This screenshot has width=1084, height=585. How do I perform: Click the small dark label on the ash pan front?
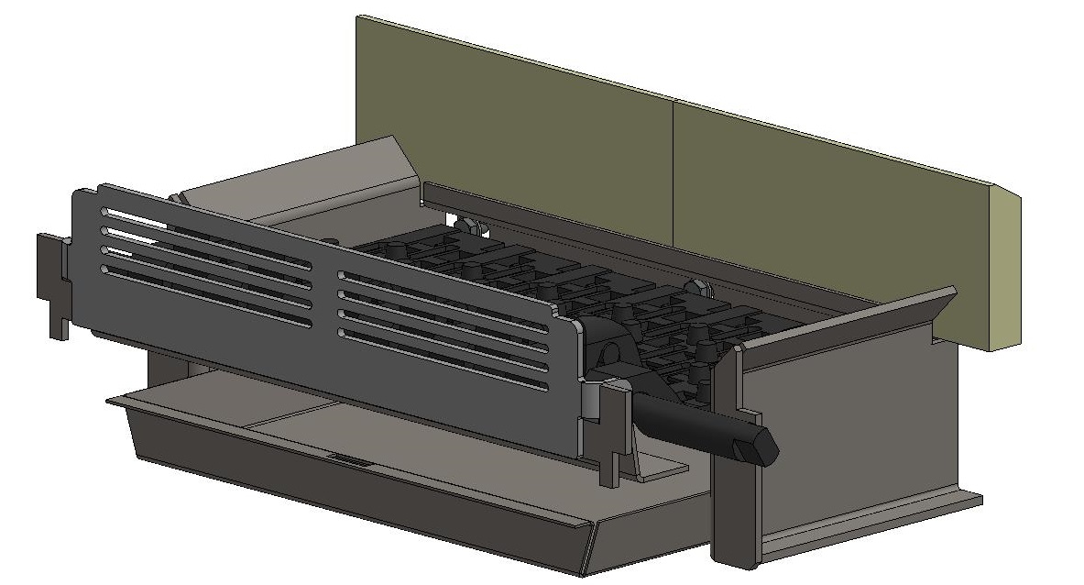[x=349, y=462]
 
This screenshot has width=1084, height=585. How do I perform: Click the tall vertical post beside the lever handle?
[x=726, y=458]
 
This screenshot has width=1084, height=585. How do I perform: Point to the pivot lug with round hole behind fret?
[x=606, y=353]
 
